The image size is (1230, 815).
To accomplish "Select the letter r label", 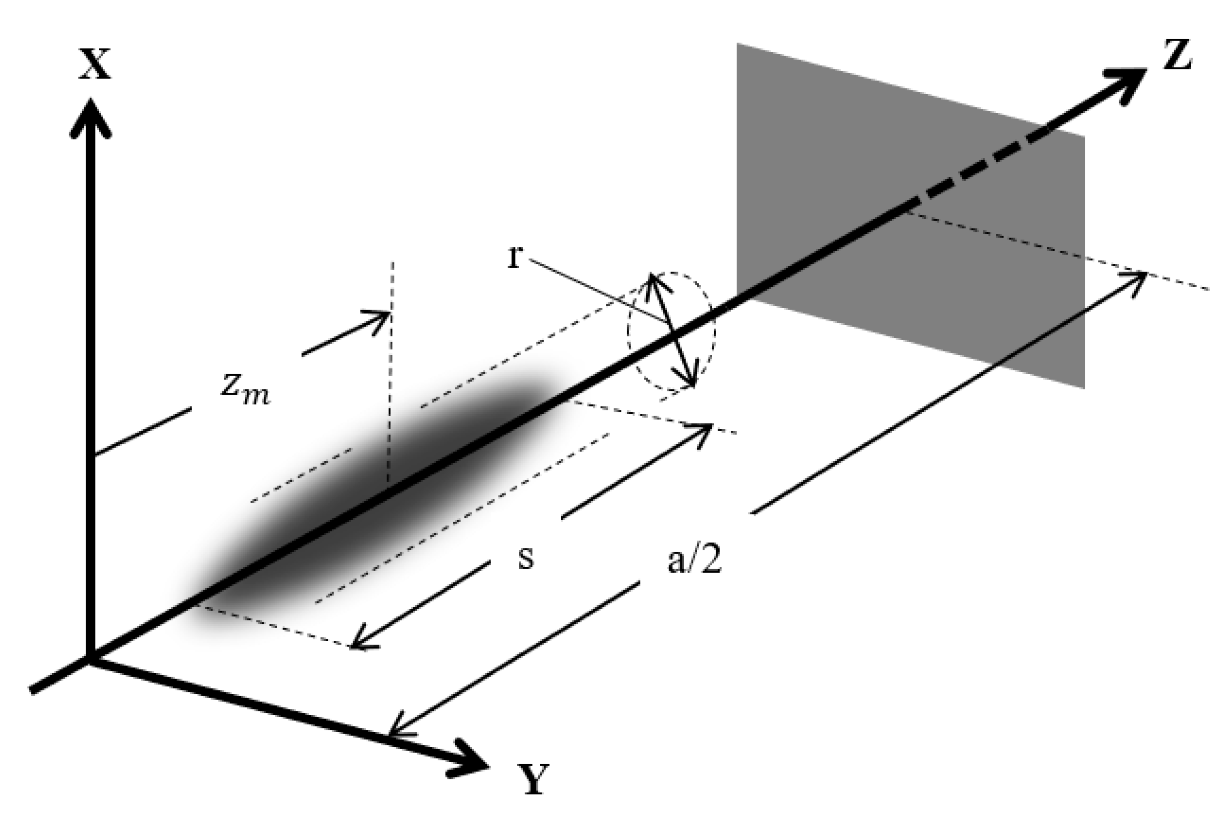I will coord(514,258).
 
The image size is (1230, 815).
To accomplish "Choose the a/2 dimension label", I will coord(695,562).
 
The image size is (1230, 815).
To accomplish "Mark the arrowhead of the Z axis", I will coord(1127,83).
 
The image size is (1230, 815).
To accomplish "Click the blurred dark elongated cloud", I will coord(364,499).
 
